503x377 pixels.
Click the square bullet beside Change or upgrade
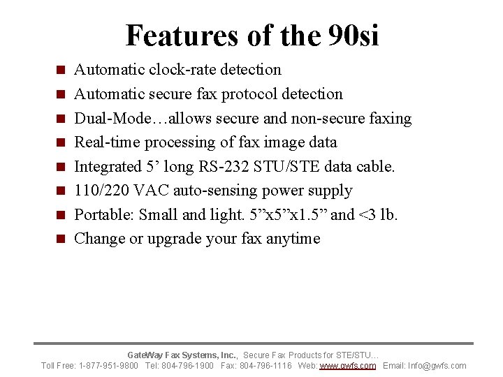tap(61, 239)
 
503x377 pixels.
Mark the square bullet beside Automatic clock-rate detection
tap(61, 70)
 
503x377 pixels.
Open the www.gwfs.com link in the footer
tap(348, 366)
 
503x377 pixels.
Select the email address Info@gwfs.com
tap(438, 366)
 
